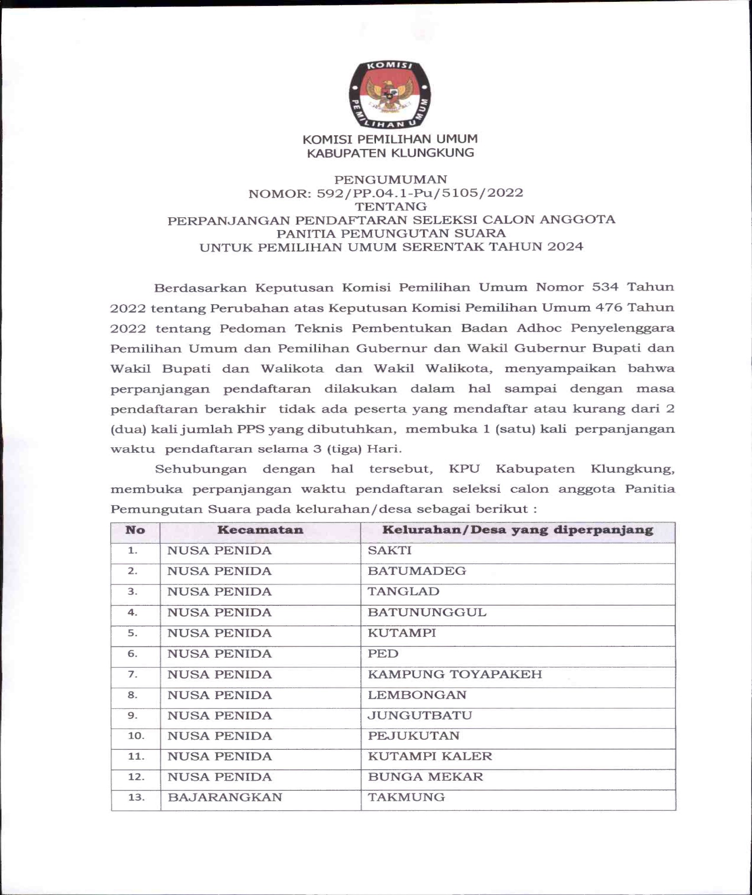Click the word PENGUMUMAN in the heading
tap(391, 179)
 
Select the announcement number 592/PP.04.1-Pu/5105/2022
tap(420, 193)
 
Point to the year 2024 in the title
tap(565, 247)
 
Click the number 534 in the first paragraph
tap(605, 287)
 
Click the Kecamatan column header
tap(260, 530)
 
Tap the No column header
tap(135, 530)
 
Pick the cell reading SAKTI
tap(389, 551)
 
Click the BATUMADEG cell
tap(417, 571)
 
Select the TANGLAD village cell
tap(403, 592)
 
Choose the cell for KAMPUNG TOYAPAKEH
tap(454, 674)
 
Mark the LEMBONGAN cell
tap(417, 695)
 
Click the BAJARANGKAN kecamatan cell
tap(225, 798)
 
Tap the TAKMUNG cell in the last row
tap(406, 798)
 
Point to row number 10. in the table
tap(136, 736)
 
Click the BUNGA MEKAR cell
tap(425, 777)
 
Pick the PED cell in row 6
tap(383, 654)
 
